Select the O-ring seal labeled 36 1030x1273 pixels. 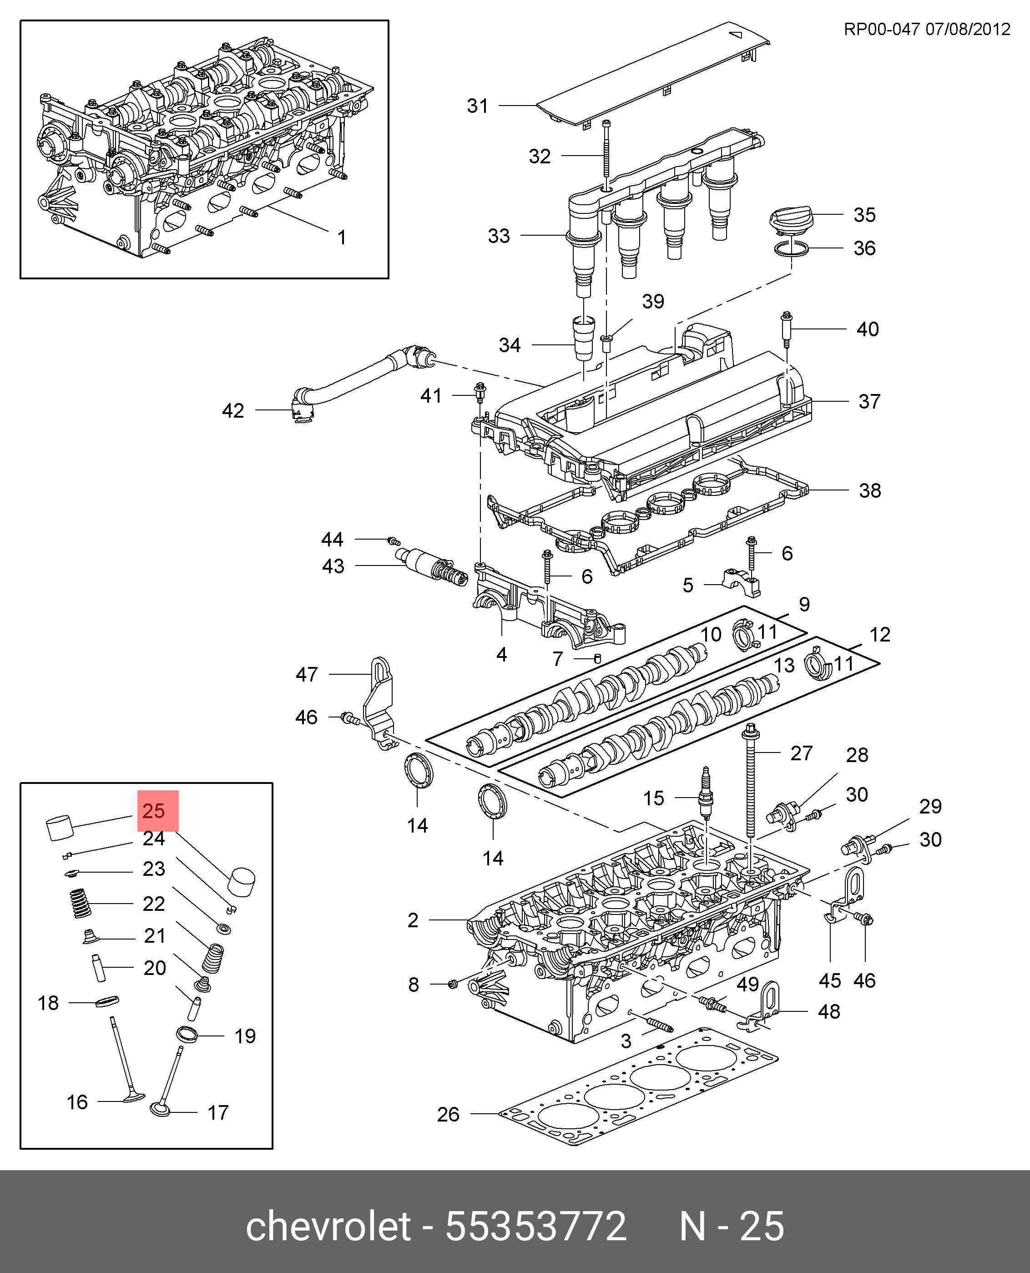click(792, 250)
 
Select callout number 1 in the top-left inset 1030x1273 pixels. click(342, 237)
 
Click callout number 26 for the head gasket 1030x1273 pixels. click(448, 1115)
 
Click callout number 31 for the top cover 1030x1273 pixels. click(478, 106)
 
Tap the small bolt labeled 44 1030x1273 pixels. click(394, 541)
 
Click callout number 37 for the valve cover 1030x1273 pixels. click(869, 402)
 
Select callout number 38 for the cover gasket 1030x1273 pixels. click(870, 490)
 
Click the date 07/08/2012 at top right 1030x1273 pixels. click(968, 30)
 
